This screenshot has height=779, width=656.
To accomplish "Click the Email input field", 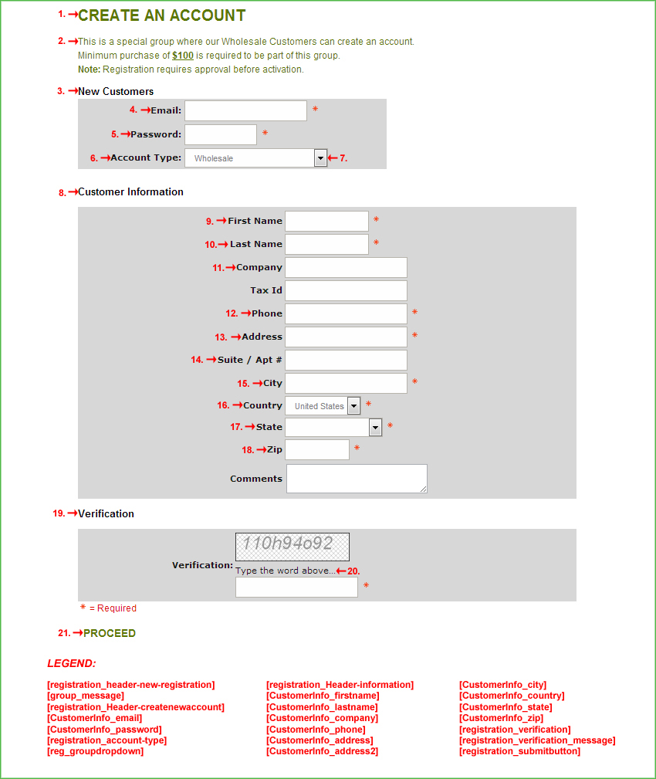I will [x=245, y=110].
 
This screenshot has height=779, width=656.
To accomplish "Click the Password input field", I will [x=220, y=134].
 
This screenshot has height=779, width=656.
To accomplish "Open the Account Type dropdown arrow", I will [x=321, y=158].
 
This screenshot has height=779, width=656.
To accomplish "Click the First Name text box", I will [x=326, y=221].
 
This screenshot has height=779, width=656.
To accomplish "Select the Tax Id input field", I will [x=346, y=290].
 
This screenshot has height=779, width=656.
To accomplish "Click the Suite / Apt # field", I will [x=346, y=360].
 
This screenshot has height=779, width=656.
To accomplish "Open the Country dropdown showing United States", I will [x=353, y=405].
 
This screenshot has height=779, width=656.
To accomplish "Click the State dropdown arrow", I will [x=375, y=427].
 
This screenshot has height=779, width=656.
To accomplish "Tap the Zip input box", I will [x=316, y=449].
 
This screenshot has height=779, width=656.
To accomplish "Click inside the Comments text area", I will [x=357, y=478].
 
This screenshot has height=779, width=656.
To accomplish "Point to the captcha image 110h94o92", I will [x=292, y=547].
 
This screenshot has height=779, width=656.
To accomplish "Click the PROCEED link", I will [x=110, y=633].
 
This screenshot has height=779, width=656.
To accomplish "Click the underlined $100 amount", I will [x=183, y=56].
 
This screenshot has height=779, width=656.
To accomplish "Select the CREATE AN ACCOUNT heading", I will [x=162, y=15].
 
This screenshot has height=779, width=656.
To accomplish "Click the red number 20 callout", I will [x=353, y=571].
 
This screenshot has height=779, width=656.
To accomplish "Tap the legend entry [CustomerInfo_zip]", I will [x=501, y=718].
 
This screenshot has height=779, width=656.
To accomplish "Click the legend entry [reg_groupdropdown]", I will [x=95, y=751].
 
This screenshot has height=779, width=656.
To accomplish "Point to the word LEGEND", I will [x=72, y=663].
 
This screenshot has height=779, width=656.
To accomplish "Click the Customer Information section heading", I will [x=130, y=191].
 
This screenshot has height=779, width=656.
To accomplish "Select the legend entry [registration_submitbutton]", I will [x=519, y=751].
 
